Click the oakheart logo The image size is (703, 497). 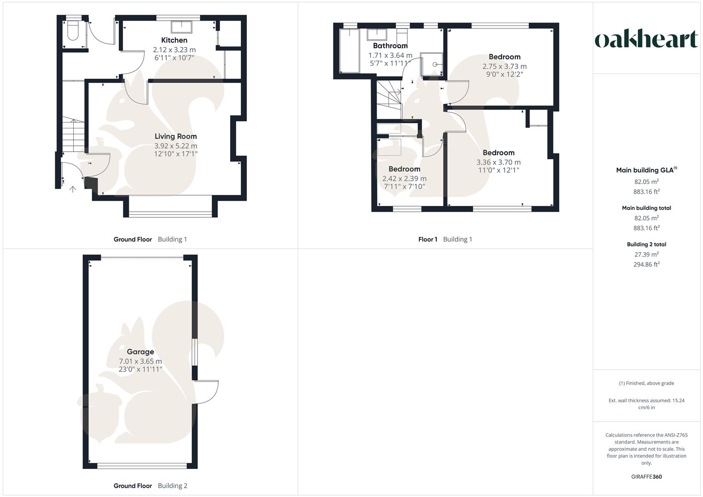point(646,40)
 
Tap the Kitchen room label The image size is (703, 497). point(174,40)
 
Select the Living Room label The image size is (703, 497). point(175,136)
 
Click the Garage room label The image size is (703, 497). point(140,352)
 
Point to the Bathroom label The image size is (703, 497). point(390,46)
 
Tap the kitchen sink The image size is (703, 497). point(181,26)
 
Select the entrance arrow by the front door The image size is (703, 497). point(72,189)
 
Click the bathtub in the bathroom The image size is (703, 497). point(349,51)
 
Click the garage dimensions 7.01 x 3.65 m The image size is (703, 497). point(140,362)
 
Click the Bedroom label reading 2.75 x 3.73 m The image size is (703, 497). point(505,57)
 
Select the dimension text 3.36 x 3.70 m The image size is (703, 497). point(499,162)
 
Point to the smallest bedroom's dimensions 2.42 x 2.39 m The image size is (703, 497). point(404,179)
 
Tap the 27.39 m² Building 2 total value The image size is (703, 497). point(646,254)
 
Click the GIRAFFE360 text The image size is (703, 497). point(646,477)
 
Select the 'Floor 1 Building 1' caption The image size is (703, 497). point(445,239)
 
